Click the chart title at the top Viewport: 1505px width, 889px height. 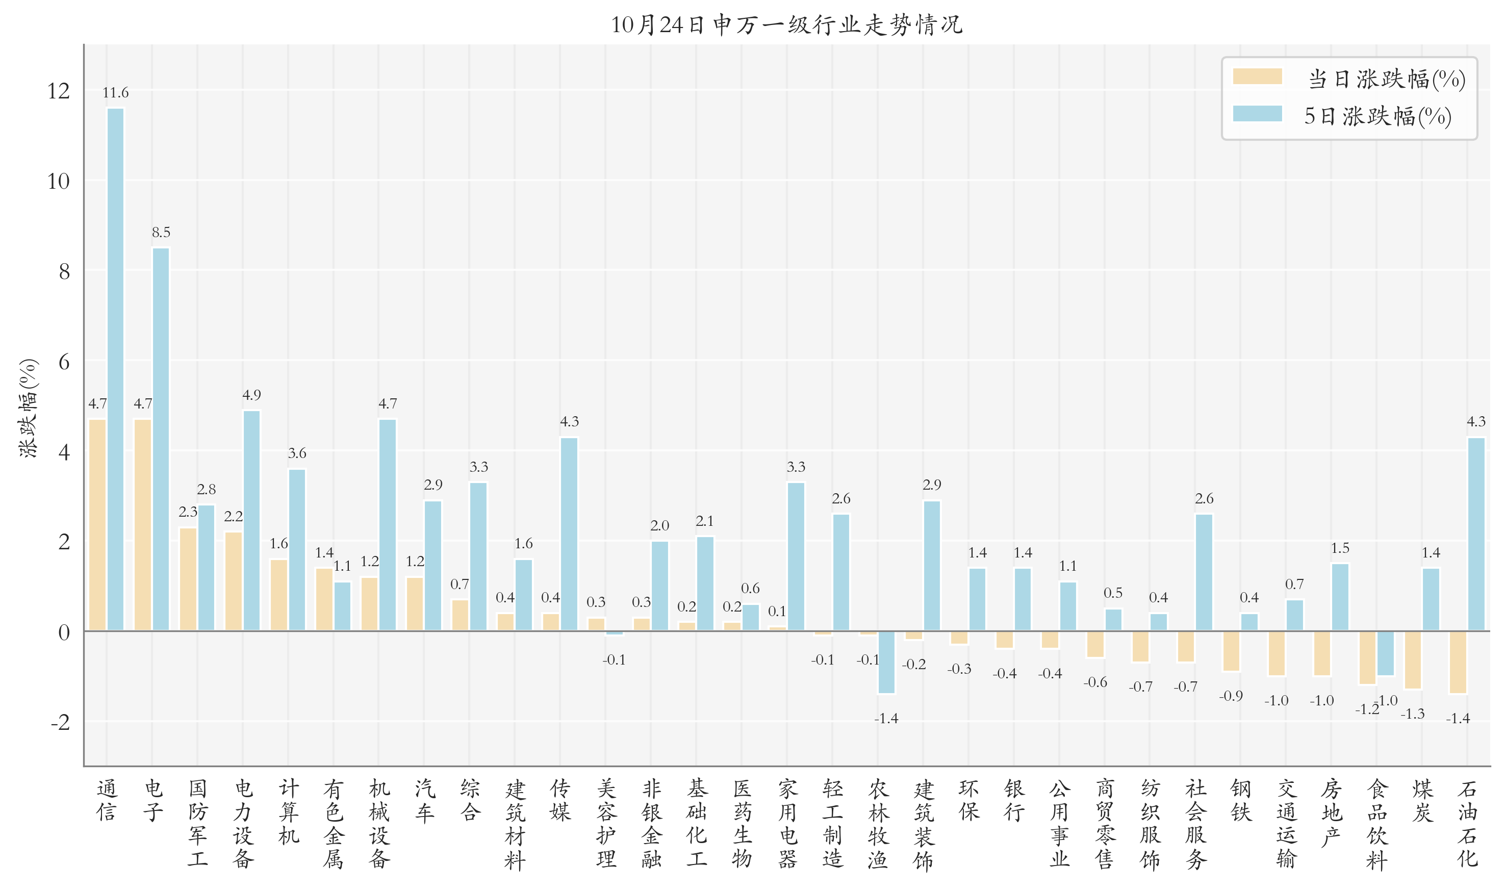pyautogui.click(x=786, y=24)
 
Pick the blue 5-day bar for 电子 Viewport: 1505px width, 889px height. pyautogui.click(x=161, y=439)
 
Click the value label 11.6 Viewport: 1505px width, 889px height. pyautogui.click(x=116, y=93)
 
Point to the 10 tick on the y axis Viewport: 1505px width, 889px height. pyautogui.click(x=59, y=181)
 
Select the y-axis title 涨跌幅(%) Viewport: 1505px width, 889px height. pyautogui.click(x=28, y=409)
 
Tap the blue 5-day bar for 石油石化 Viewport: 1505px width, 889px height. pyautogui.click(x=1476, y=534)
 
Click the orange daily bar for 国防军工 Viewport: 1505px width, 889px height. pyautogui.click(x=188, y=579)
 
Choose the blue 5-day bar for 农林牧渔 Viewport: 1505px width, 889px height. pyautogui.click(x=886, y=663)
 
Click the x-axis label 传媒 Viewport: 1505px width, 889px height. pyautogui.click(x=560, y=800)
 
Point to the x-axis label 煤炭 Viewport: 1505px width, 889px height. pyautogui.click(x=1422, y=800)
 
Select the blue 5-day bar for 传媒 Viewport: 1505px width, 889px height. pyautogui.click(x=569, y=534)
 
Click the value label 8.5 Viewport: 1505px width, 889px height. pyautogui.click(x=161, y=233)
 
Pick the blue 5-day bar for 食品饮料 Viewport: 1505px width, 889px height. pyautogui.click(x=1385, y=653)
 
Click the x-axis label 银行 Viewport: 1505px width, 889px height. pyautogui.click(x=1014, y=800)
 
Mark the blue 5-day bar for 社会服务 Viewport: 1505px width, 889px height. pyautogui.click(x=1204, y=572)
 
